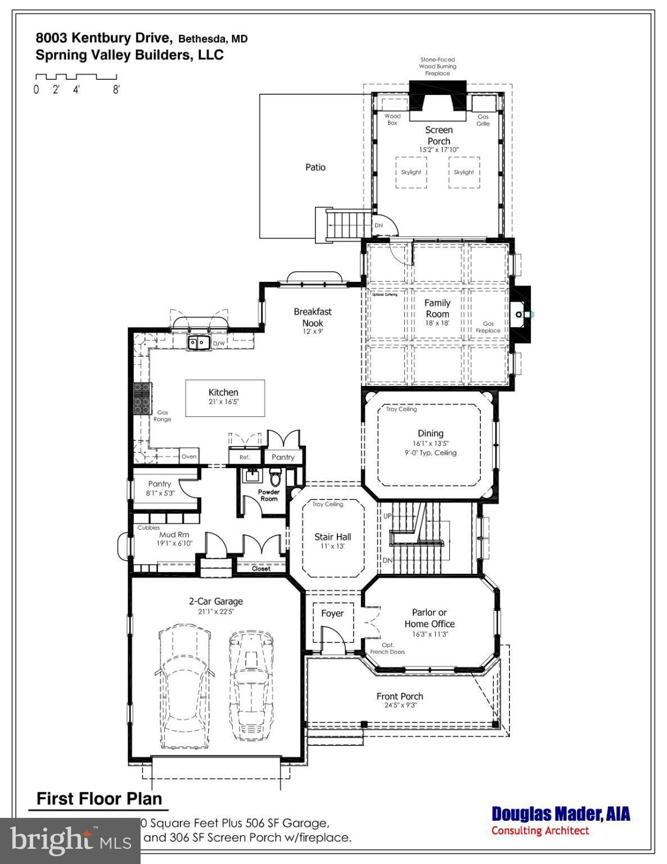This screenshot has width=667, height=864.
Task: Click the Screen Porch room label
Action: coord(439,136)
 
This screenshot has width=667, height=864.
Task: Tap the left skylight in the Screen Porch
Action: coord(411,172)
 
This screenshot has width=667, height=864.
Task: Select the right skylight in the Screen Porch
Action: coord(464,172)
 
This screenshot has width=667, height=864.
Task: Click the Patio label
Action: coord(316,167)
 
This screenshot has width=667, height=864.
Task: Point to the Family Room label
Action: coord(438,308)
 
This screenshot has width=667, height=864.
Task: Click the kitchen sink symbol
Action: coord(198,342)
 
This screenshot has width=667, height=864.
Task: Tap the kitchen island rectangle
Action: coord(225,398)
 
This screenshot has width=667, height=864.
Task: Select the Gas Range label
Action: coord(163,416)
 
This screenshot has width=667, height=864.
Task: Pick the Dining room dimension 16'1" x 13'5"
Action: coord(430,443)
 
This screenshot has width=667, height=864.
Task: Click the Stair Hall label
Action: coord(333,537)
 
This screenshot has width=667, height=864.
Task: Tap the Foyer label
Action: coord(332,613)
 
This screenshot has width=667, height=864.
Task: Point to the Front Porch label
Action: coord(400,696)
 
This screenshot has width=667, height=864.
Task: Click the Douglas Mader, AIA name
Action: coord(561,814)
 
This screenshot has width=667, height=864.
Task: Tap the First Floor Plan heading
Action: coord(100,799)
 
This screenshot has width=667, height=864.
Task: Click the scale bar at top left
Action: coord(76,77)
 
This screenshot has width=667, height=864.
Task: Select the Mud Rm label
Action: coord(174,535)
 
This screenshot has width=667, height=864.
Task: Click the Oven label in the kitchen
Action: coord(189,456)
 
